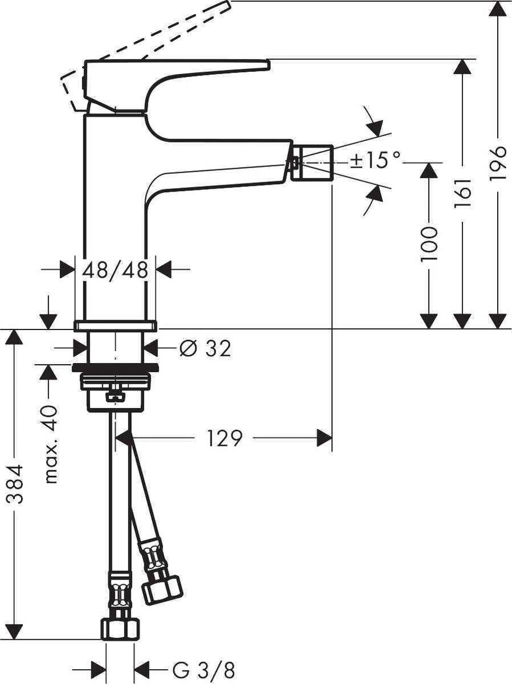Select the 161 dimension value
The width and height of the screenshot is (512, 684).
coord(462,193)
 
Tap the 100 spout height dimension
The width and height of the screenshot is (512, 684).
coord(428,243)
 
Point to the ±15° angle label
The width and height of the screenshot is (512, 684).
coord(375,161)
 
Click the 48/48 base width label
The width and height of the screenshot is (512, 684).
coord(115,270)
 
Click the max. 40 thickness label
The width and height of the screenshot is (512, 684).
coord(51,444)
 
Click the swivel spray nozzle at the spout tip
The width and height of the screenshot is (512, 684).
coord(312,162)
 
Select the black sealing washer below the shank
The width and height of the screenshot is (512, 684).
coord(115,367)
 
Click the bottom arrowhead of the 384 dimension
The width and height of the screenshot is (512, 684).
coord(15,632)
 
